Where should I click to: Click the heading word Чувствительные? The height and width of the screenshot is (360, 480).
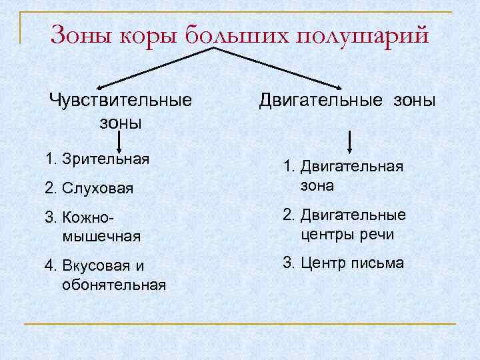coord(120,101)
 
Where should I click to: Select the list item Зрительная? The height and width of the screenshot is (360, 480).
coord(105,159)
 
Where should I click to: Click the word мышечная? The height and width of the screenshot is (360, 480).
coord(100,235)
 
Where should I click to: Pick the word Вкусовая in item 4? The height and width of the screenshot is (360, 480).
coord(93,267)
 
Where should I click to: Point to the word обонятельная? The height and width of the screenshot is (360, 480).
coord(113,285)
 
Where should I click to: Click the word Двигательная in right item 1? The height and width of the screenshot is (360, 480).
coord(352,166)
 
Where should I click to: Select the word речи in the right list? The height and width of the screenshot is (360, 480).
coord(377,234)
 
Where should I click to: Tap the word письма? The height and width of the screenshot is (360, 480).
coord(379,263)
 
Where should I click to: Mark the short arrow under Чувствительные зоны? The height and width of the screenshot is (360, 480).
coord(119,142)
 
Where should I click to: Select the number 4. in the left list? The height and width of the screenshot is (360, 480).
coord(50,267)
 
